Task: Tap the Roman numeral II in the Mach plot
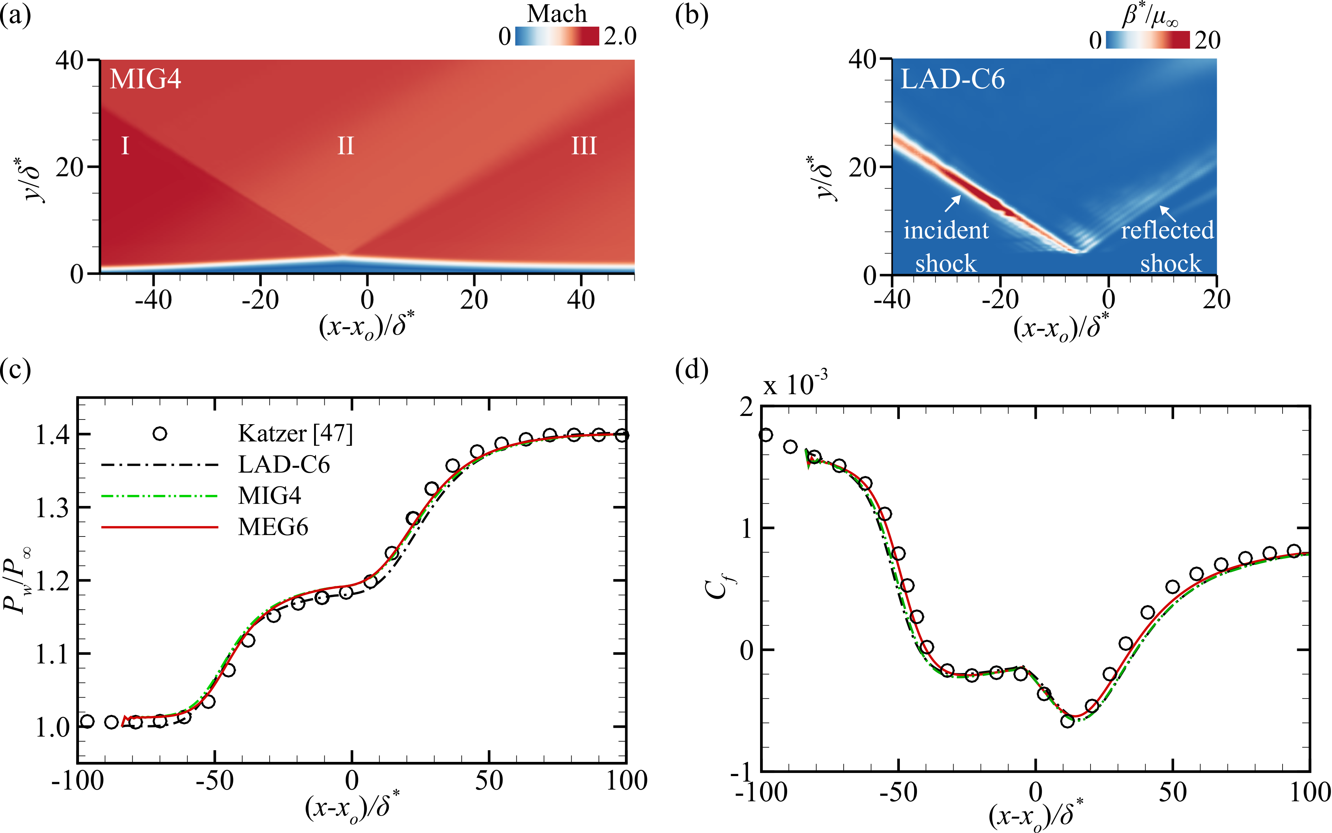coord(345,146)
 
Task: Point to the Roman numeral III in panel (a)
coord(584,146)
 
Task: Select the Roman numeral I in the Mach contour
coord(125,146)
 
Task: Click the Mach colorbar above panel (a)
coord(557,36)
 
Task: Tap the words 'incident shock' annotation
coord(946,246)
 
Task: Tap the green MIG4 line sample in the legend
coord(159,496)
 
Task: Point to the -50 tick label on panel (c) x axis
coord(214,781)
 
